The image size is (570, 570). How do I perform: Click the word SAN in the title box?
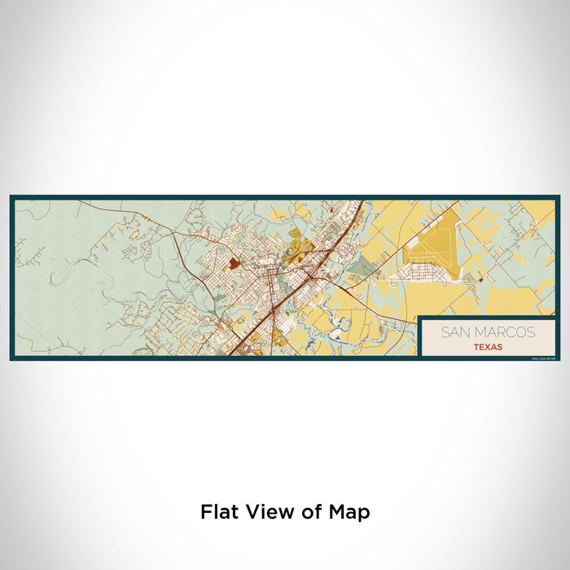(454, 332)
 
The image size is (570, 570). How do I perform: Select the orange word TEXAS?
(487, 346)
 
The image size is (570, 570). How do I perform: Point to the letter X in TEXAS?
(487, 346)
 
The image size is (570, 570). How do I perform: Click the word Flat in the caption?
(220, 512)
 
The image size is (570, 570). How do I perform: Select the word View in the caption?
(270, 512)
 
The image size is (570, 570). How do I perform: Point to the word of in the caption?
(313, 512)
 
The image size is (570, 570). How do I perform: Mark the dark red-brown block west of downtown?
(235, 263)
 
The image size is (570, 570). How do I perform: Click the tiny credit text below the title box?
(542, 357)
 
